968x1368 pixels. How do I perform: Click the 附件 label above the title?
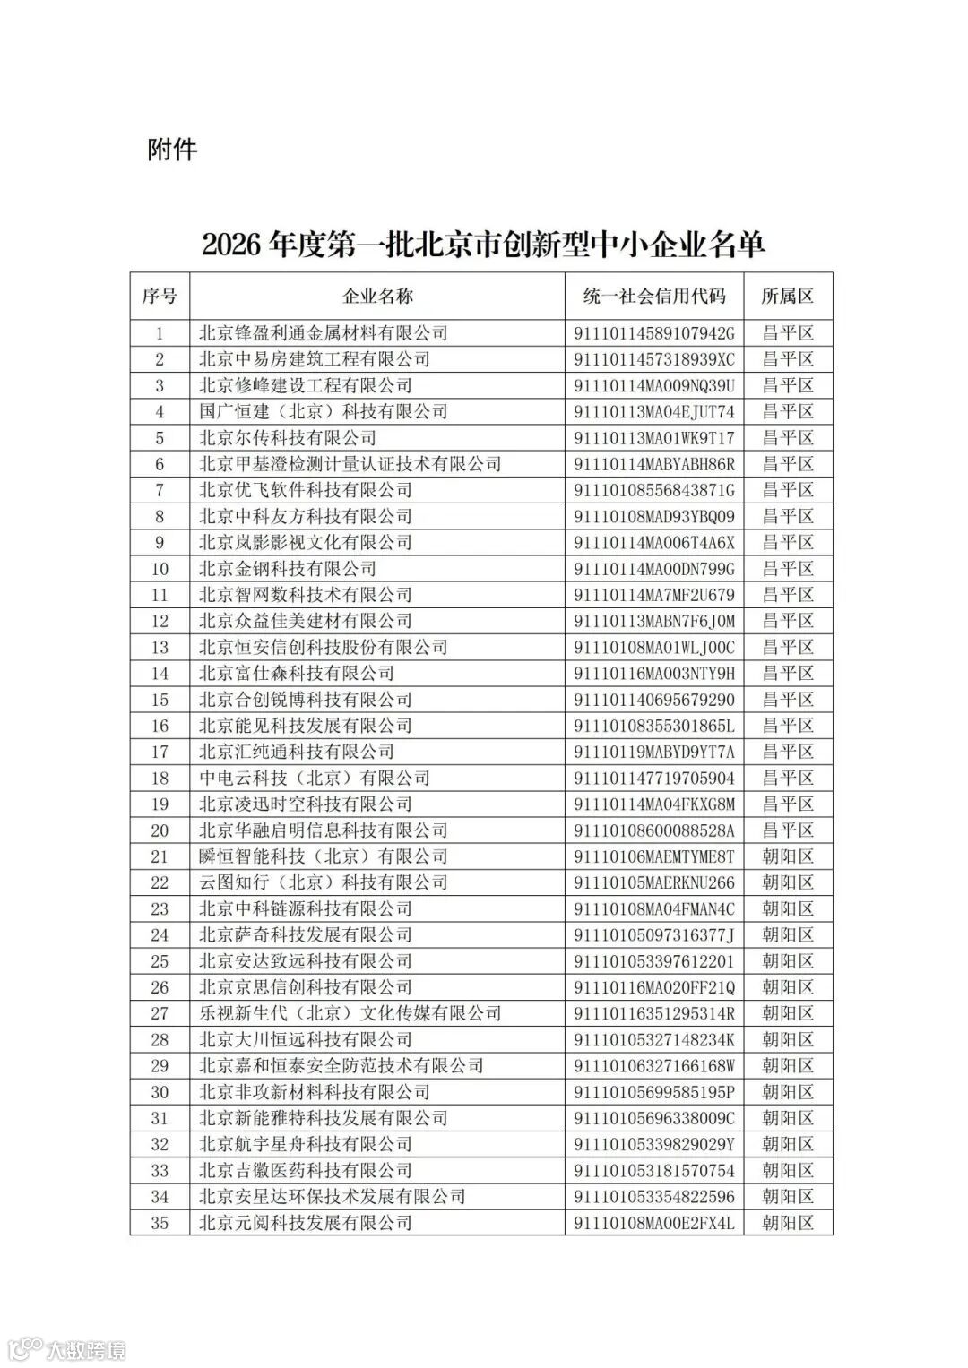click(x=172, y=150)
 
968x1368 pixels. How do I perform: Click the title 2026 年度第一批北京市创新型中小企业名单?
click(x=484, y=244)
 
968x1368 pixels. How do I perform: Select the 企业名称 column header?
click(x=377, y=297)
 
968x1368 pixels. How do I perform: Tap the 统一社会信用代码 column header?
click(x=653, y=297)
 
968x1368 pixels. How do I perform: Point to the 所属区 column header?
click(x=788, y=297)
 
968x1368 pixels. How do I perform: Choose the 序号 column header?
click(x=160, y=297)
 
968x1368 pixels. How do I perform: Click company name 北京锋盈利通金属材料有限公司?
click(x=323, y=333)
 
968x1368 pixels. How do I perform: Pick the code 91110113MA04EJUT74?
click(x=653, y=412)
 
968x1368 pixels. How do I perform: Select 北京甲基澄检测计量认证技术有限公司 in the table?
click(x=350, y=464)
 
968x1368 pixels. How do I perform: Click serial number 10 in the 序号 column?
click(x=160, y=569)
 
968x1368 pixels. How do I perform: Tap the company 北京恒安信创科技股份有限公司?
click(x=323, y=647)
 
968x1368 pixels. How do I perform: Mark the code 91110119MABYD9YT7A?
click(x=653, y=752)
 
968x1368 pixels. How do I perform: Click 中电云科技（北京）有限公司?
click(x=314, y=778)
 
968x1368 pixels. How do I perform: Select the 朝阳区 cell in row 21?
click(x=788, y=856)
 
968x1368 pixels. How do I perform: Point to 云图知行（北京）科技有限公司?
click(x=323, y=882)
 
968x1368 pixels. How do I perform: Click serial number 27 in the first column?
click(x=160, y=1013)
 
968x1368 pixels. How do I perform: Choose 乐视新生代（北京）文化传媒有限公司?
click(x=350, y=1013)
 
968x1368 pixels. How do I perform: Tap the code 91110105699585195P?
click(x=653, y=1092)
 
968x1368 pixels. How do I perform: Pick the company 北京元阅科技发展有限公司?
click(x=305, y=1223)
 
